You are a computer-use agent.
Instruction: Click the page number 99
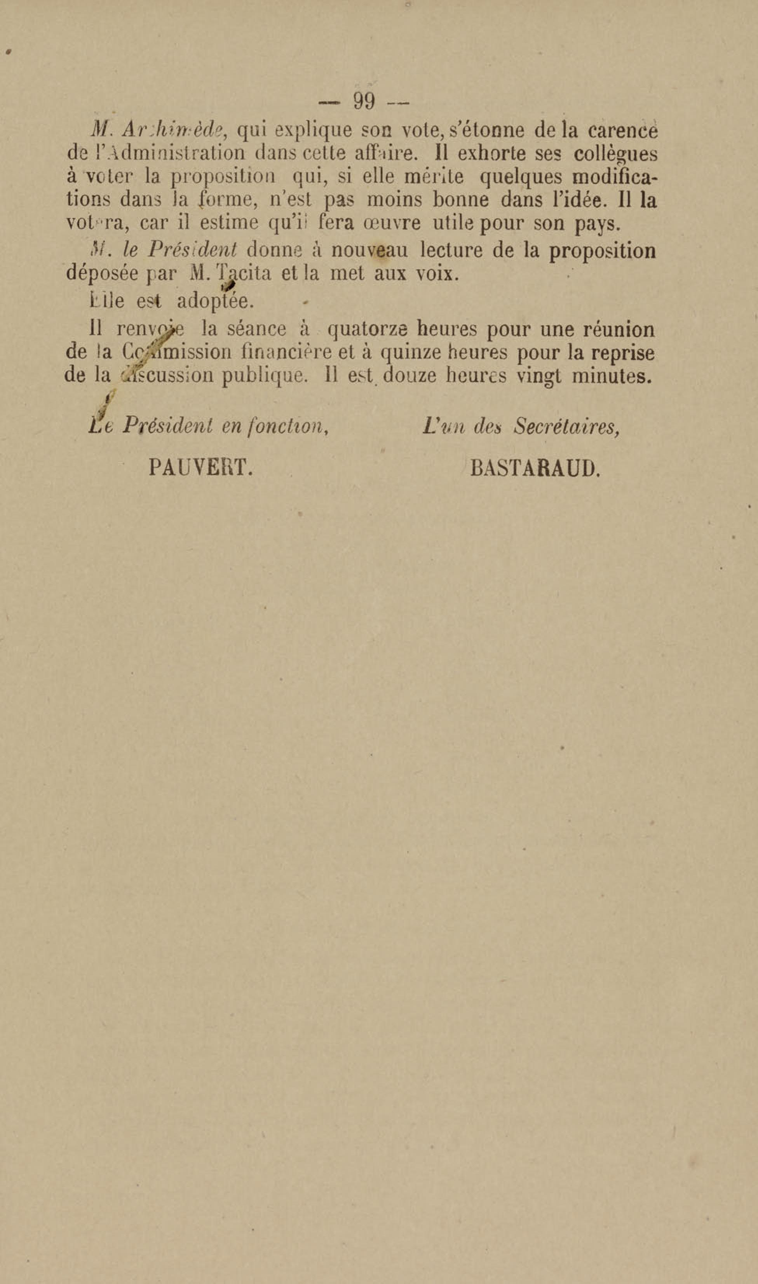[x=364, y=101]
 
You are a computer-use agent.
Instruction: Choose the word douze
[x=409, y=376]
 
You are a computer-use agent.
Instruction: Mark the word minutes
[x=612, y=376]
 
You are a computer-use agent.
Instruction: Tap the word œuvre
[x=391, y=223]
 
